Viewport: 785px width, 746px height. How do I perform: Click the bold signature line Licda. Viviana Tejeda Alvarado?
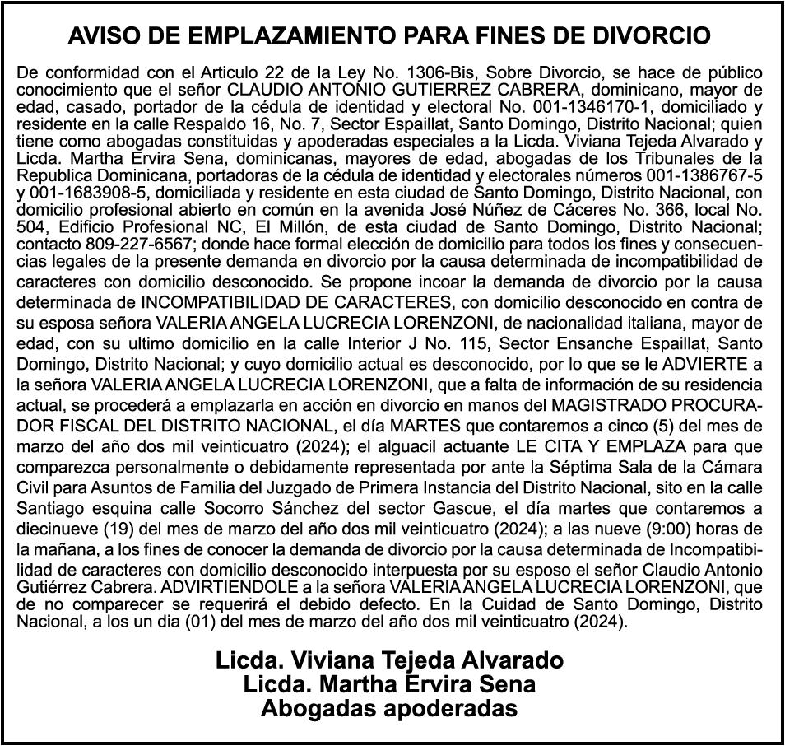tap(390, 660)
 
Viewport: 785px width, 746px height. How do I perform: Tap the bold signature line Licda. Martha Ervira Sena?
tap(390, 684)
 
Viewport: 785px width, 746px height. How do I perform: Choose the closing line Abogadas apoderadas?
tap(390, 708)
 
